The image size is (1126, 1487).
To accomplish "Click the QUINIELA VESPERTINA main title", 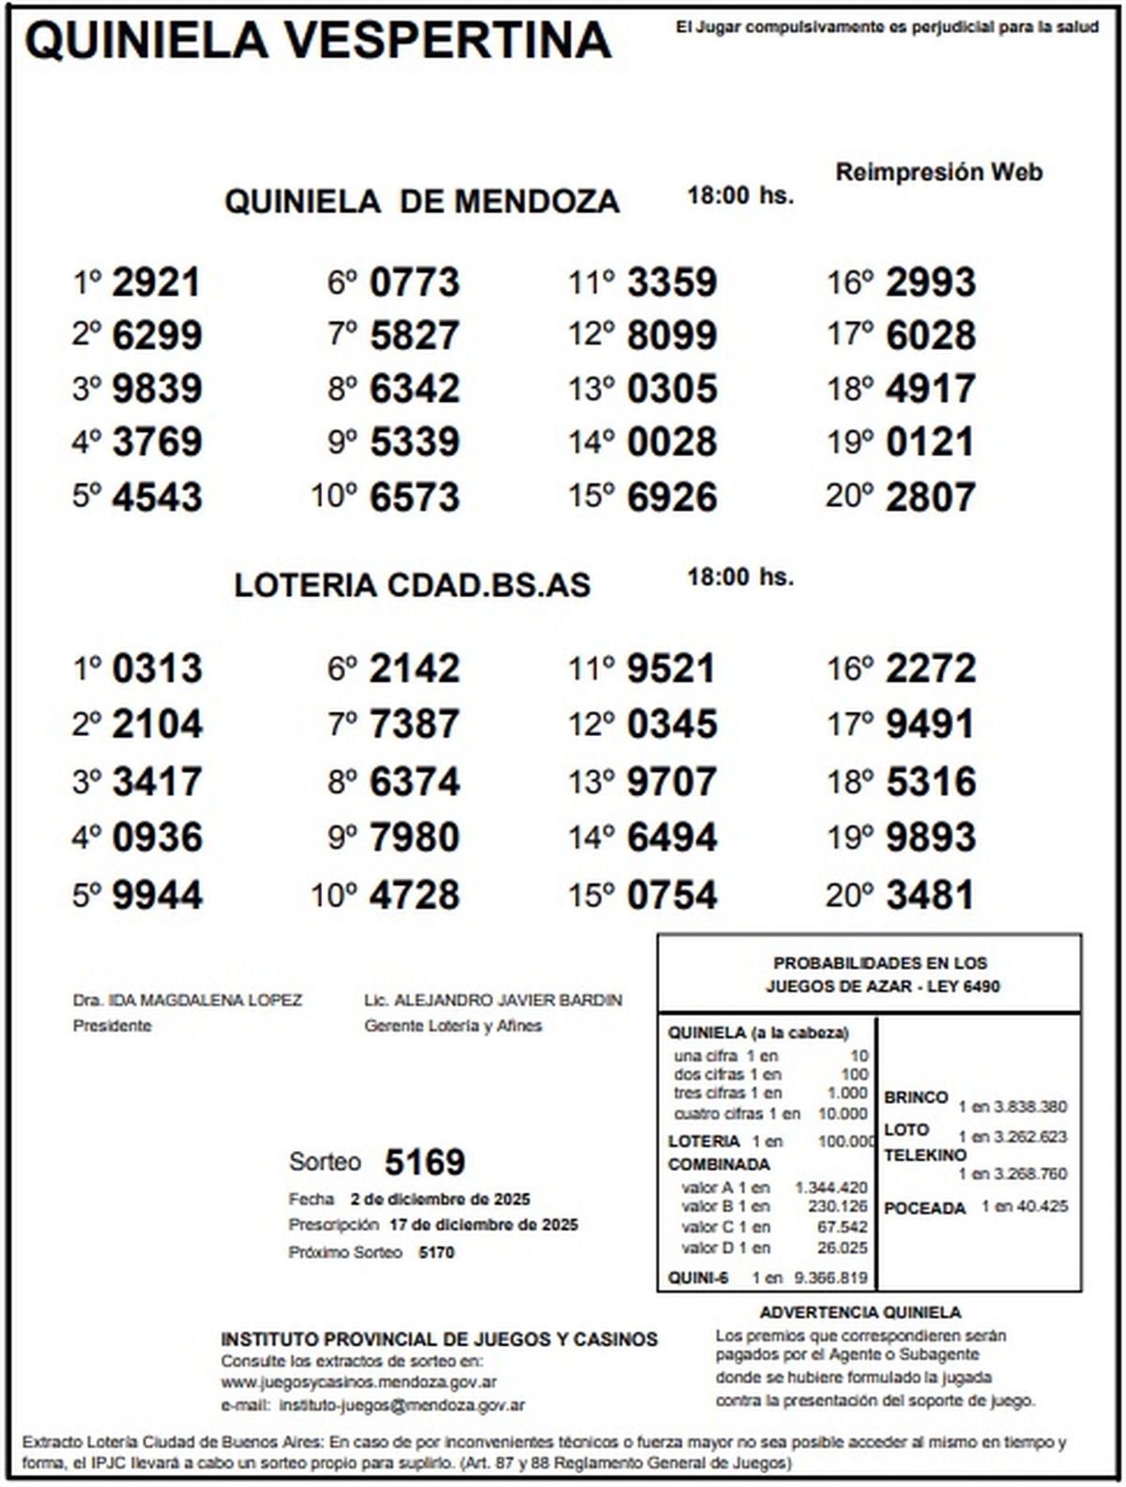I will point(317,40).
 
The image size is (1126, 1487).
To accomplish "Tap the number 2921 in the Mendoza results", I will point(156,283).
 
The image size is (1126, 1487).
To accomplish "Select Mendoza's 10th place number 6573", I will point(415,497).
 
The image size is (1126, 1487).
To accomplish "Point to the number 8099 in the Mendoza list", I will point(672,335).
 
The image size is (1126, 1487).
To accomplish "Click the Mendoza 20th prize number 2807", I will point(931,497).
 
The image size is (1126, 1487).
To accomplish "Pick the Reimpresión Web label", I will point(938,173).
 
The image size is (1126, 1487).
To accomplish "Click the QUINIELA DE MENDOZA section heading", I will point(421,201).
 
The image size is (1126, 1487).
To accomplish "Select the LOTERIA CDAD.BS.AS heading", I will point(412,585).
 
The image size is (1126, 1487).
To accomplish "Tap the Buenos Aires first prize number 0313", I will point(157,669).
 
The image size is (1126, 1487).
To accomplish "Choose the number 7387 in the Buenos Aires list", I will point(415,724).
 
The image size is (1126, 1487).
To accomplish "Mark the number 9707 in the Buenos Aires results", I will point(672,781).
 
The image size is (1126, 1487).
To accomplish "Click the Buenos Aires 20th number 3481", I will point(931,895).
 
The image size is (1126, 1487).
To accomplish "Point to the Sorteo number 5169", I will point(424,1162).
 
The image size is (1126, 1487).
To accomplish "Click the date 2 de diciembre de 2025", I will point(440,1199).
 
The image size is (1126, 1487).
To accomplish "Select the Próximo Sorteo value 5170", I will point(436,1252).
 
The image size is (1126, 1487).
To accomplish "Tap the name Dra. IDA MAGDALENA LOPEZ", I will point(188,1001).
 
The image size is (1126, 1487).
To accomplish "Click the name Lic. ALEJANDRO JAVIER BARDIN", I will point(493,1001).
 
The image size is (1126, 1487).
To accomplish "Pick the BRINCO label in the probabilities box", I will point(916,1097).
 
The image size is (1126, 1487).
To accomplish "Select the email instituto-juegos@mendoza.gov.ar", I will point(402,1405).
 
